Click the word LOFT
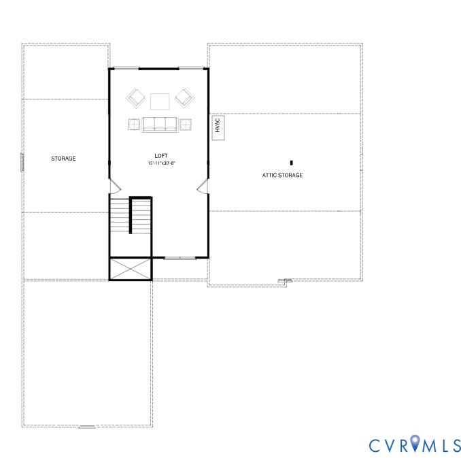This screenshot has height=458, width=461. tap(161, 156)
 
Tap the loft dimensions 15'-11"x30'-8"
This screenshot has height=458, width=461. tap(162, 163)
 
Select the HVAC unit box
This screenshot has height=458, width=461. tap(218, 127)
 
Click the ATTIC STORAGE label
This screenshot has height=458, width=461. tap(282, 176)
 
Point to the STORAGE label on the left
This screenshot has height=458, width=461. tap(63, 159)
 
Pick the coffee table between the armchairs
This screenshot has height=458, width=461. tap(160, 101)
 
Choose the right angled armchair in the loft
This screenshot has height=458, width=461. tap(184, 99)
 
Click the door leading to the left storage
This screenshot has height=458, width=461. tap(115, 185)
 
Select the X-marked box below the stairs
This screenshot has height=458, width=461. tap(130, 268)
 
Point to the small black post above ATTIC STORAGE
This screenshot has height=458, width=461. tap(292, 163)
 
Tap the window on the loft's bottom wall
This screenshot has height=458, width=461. tap(180, 258)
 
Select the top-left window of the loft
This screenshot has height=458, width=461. tap(126, 68)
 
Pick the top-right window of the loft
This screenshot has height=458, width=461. tap(191, 68)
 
